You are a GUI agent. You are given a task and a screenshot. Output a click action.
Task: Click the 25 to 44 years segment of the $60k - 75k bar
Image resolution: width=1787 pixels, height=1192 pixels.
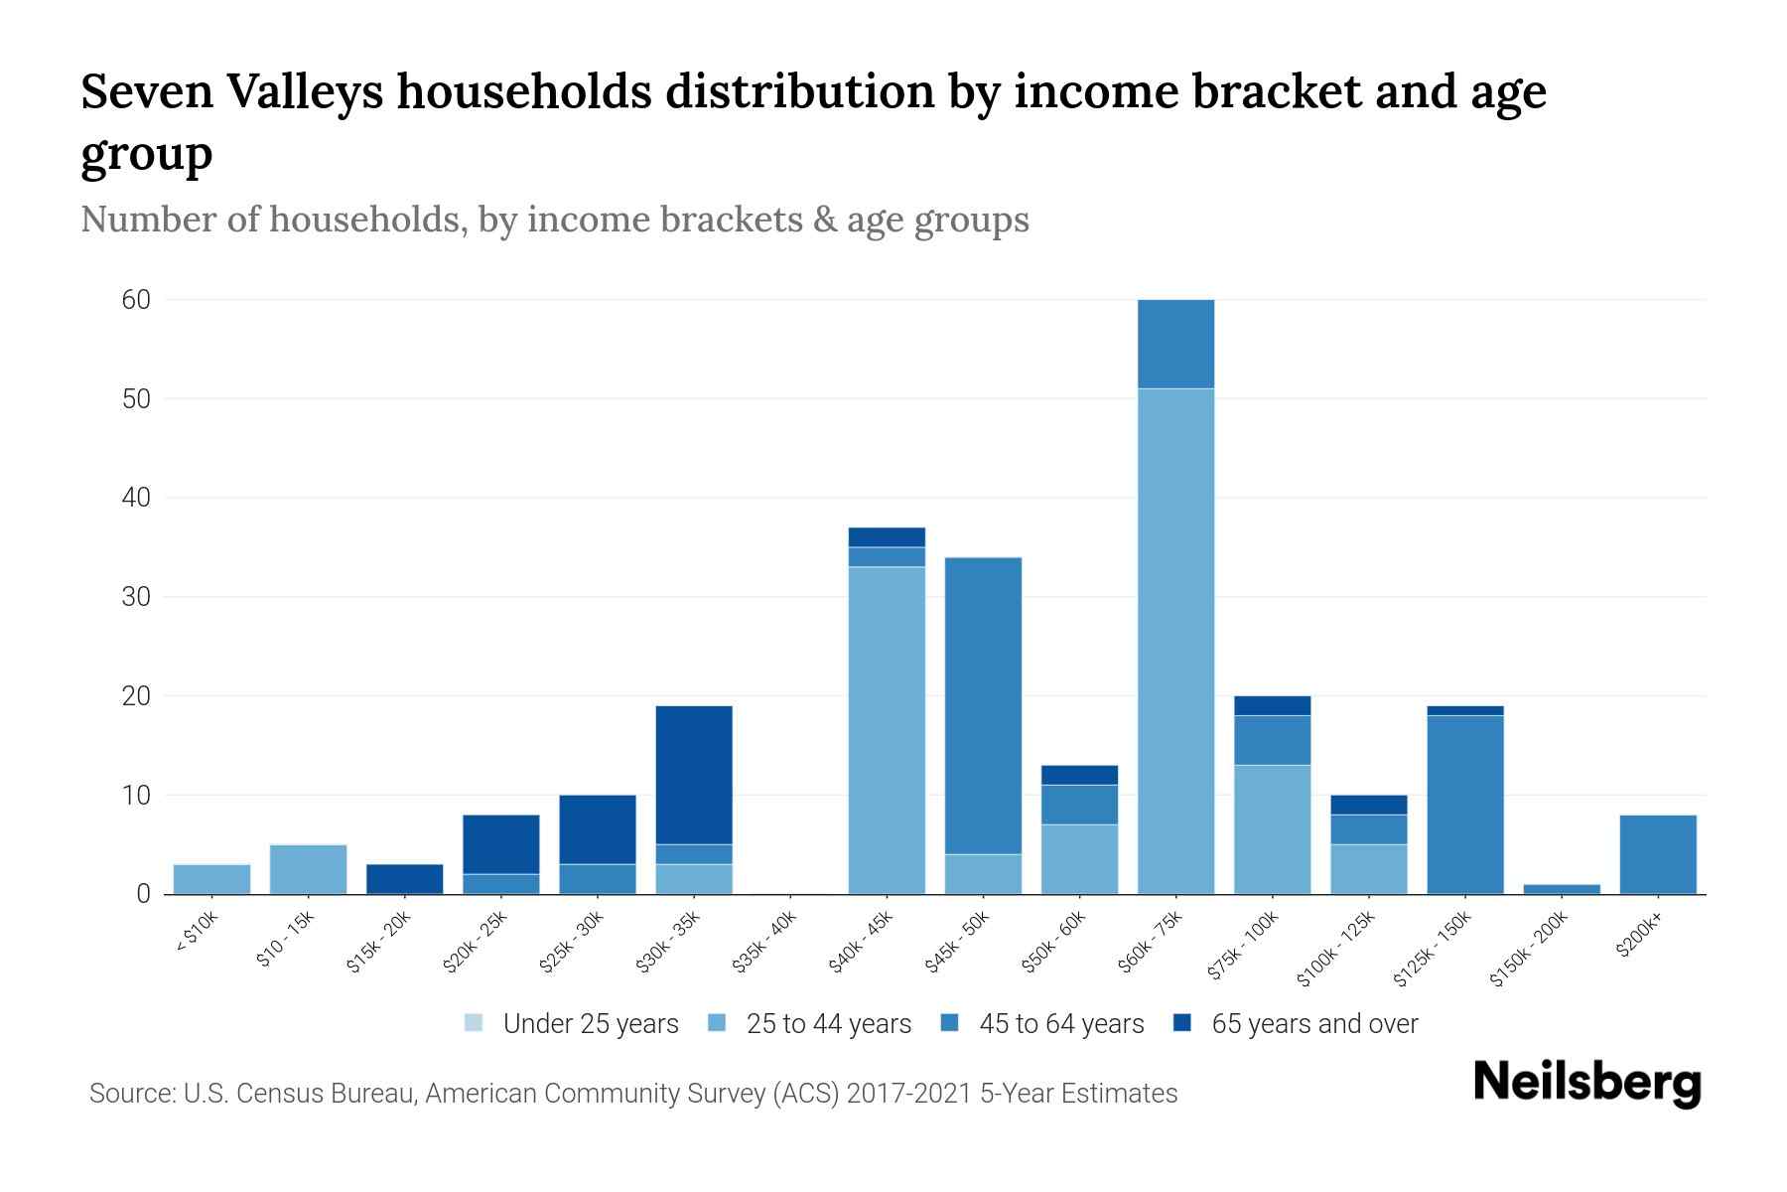1175,641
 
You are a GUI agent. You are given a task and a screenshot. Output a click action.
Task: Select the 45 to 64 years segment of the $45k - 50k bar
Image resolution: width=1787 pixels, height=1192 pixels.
983,705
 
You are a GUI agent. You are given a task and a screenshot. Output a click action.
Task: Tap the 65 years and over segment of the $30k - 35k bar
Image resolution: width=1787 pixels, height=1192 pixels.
694,775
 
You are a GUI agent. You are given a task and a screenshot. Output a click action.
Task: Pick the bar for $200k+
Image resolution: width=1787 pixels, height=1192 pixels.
1657,854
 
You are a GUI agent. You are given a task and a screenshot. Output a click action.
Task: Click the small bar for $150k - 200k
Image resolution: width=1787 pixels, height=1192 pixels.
1561,889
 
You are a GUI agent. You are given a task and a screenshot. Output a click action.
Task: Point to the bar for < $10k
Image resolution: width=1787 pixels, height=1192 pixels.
211,879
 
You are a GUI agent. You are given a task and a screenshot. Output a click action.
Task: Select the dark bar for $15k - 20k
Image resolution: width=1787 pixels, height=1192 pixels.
404,879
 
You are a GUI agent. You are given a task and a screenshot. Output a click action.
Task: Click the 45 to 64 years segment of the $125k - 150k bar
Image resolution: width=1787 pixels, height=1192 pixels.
1464,805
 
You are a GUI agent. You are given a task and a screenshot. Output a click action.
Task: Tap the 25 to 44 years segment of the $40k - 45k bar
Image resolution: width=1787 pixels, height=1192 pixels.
887,730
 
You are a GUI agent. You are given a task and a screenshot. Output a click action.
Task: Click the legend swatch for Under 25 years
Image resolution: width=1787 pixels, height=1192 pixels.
474,1023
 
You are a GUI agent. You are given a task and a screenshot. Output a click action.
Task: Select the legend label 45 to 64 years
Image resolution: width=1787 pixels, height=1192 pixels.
1060,1023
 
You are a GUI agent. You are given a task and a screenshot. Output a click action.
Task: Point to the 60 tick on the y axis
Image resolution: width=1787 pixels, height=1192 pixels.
136,299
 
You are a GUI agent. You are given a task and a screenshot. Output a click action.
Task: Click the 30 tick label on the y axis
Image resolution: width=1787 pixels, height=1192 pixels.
136,597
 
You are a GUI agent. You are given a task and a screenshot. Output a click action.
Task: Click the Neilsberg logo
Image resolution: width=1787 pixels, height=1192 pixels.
1586,1083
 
